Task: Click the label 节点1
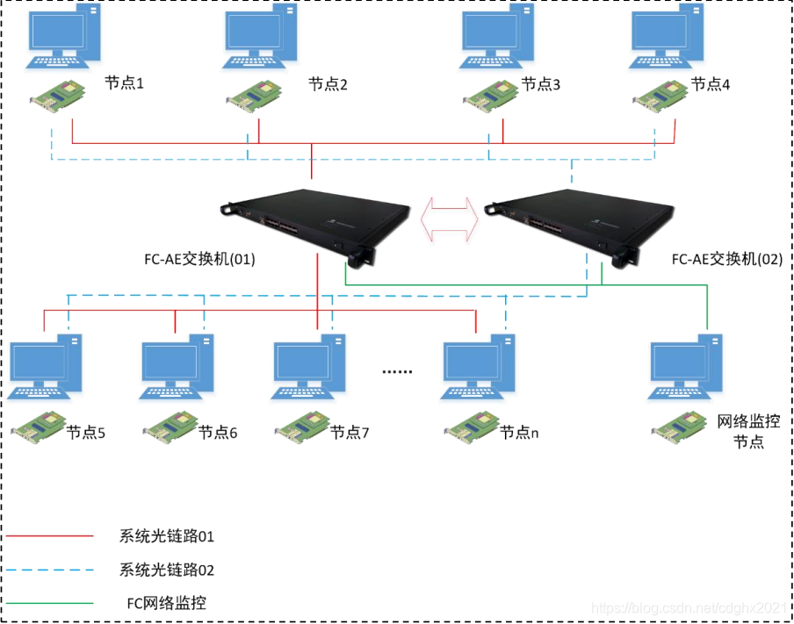click(x=124, y=83)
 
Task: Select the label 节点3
click(x=540, y=84)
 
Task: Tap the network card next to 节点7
click(x=300, y=429)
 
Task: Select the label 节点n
click(x=518, y=433)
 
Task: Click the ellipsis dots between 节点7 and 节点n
click(x=397, y=371)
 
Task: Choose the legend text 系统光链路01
click(x=167, y=535)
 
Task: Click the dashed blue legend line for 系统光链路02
click(x=49, y=570)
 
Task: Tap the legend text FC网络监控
click(x=167, y=603)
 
